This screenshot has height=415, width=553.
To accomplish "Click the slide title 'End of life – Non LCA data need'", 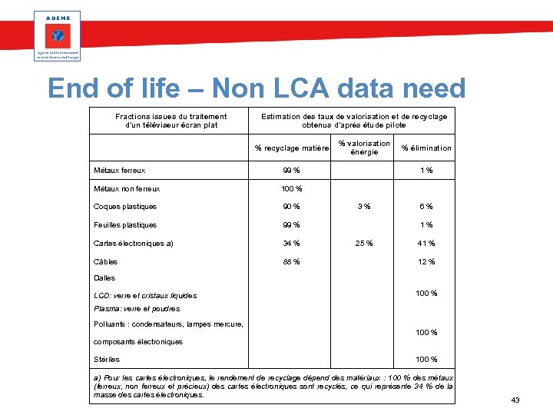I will (257, 89).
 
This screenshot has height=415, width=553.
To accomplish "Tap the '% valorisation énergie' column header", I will (364, 148).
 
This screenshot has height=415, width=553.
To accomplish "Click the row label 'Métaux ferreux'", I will (119, 171).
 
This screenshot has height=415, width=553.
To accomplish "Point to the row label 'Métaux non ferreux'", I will (127, 188).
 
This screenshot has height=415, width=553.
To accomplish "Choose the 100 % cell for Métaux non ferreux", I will (291, 188).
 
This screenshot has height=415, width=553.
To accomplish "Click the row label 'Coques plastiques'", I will (124, 206).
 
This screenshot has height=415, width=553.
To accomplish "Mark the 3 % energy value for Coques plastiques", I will (364, 206).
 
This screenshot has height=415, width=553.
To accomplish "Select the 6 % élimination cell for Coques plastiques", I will (426, 206).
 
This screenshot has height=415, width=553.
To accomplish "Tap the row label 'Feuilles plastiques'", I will (124, 225).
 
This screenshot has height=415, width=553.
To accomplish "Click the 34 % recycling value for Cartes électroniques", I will (291, 244).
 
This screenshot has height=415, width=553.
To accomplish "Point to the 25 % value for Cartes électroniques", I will (364, 244).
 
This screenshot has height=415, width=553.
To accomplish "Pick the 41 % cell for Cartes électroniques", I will (426, 244).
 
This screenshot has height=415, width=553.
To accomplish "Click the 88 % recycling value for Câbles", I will (291, 262).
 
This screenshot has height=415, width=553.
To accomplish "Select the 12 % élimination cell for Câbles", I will (426, 262).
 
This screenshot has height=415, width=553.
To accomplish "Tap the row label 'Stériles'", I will (107, 360).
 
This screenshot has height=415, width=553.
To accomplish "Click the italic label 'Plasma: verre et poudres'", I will (137, 308).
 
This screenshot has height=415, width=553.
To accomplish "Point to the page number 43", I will (515, 400).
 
